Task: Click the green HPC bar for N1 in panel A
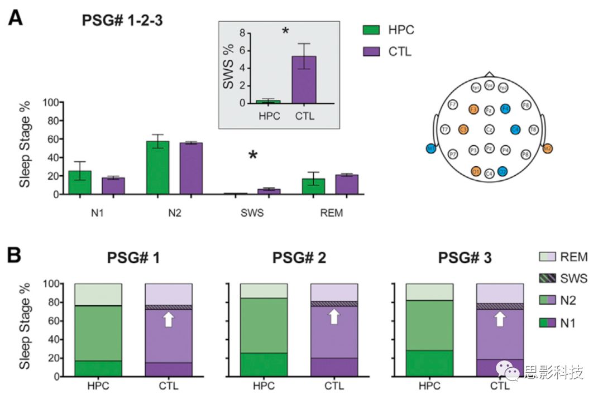tap(80, 182)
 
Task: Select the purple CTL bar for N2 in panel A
tap(191, 169)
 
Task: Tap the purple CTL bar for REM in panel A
tap(346, 184)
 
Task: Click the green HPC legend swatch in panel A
tap(370, 30)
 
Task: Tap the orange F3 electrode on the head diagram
tap(474, 109)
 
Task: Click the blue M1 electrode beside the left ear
tap(430, 148)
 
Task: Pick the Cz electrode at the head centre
tap(489, 129)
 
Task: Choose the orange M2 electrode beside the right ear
tap(548, 148)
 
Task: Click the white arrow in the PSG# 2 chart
tap(333, 316)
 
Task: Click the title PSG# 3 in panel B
tap(465, 258)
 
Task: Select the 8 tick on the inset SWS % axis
tap(242, 33)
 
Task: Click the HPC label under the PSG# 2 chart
tap(264, 386)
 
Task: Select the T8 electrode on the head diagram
tap(533, 129)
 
